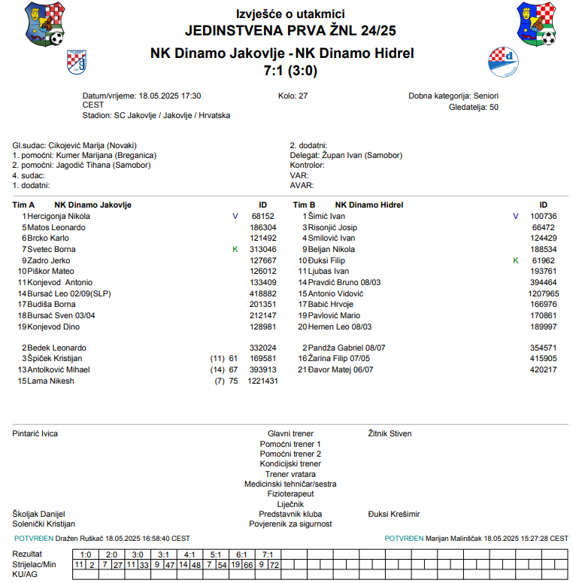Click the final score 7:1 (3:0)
point(290,71)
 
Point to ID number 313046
point(262,249)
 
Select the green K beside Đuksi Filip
point(515,260)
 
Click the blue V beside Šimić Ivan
point(515,216)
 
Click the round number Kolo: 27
point(293,96)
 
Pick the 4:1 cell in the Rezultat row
point(189,554)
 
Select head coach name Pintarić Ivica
point(35,433)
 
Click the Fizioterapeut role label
point(290,494)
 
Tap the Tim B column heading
point(304,205)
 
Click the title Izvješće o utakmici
point(290,14)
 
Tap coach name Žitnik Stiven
point(390,433)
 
